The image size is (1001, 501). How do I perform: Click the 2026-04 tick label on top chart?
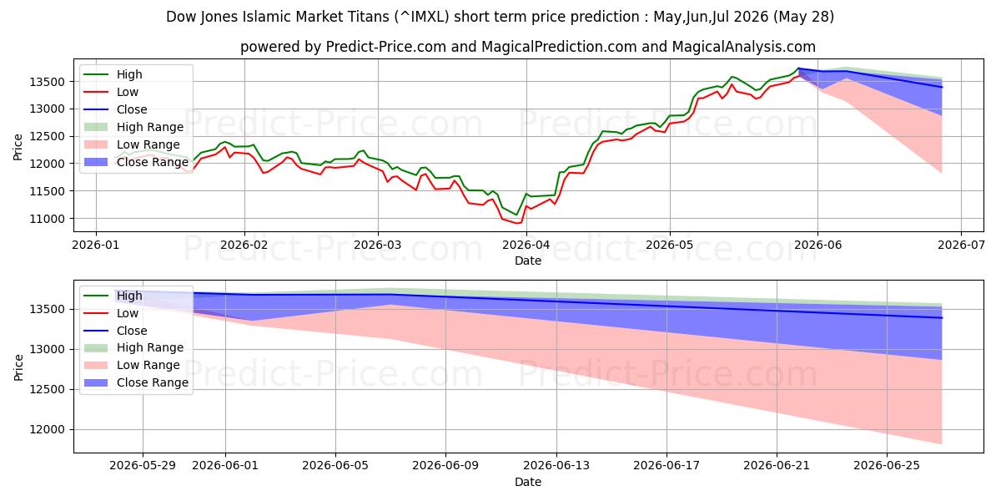coord(526,245)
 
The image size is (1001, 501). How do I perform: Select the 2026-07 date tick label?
coord(961,245)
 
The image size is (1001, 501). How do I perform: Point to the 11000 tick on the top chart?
coord(47,219)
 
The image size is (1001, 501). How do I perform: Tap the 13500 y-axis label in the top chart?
coord(47,82)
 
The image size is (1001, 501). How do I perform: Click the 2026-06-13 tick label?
coord(556,466)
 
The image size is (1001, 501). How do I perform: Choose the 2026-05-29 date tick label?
coord(143,466)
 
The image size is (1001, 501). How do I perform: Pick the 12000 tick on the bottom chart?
coord(47,429)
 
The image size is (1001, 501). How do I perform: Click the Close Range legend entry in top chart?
coord(136,162)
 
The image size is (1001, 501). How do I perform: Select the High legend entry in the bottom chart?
coord(113,296)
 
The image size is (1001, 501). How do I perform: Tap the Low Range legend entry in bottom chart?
coord(132,365)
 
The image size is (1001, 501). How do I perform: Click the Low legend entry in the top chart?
coord(111,92)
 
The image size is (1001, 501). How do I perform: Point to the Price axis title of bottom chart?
coord(18,367)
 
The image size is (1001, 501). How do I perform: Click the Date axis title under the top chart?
coord(528,261)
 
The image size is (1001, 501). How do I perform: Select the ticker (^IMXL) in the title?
coord(421,17)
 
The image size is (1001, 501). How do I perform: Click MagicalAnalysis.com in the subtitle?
coord(743,47)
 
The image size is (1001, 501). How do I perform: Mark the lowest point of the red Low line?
coord(518,223)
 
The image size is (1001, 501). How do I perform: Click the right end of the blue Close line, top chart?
coord(942,87)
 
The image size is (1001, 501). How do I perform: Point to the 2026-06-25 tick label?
coord(887,466)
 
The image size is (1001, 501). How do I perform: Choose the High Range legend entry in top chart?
coord(133,127)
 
